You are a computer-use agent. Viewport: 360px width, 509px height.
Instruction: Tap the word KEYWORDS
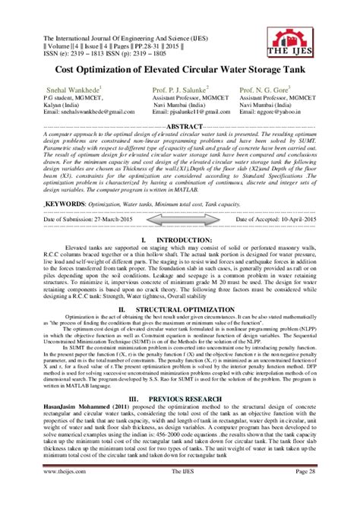62,204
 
